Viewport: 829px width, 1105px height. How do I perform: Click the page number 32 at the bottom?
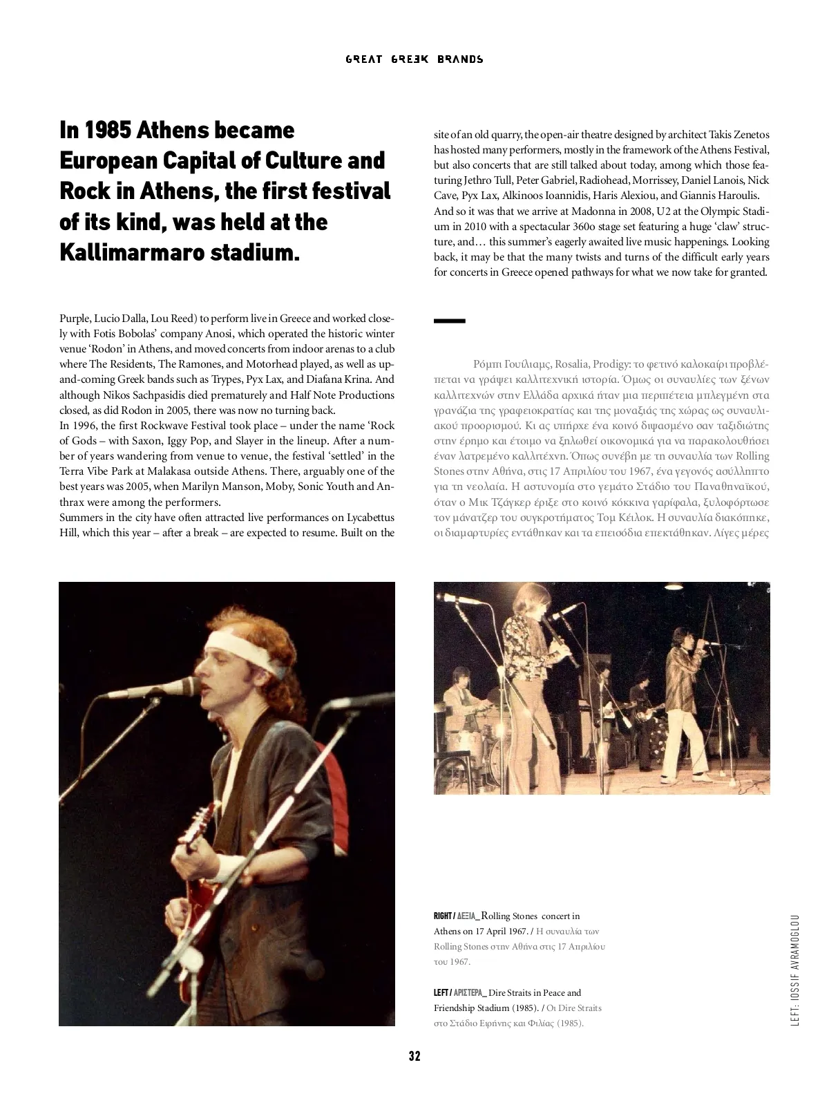click(x=414, y=1056)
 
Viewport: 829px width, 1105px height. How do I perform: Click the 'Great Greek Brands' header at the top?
click(x=414, y=59)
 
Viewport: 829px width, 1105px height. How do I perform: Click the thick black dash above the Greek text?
click(x=449, y=321)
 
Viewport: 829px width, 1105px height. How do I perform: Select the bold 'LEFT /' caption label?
click(x=441, y=993)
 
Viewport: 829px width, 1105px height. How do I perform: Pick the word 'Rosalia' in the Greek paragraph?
click(x=571, y=364)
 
